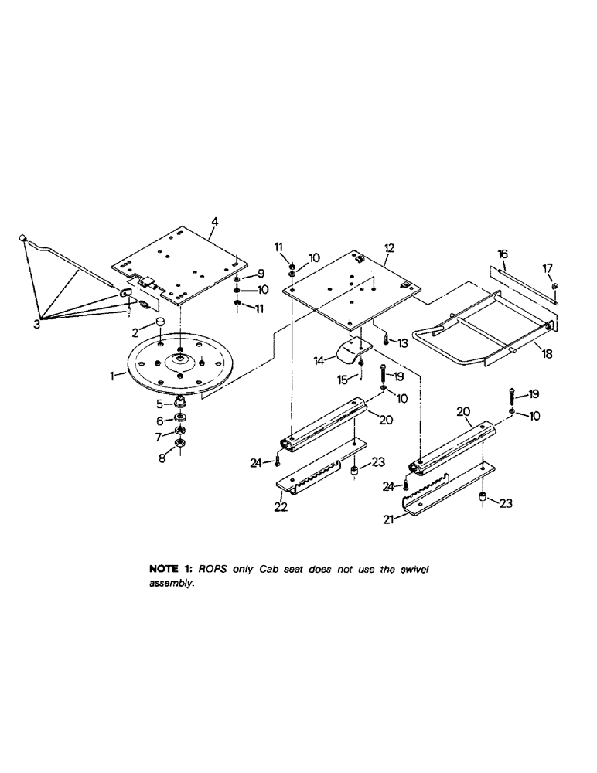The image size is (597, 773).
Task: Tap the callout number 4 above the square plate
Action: (x=214, y=222)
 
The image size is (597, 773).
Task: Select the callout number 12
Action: (x=389, y=248)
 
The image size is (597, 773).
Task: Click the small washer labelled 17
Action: (x=555, y=289)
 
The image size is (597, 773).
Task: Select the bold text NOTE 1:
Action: (x=172, y=568)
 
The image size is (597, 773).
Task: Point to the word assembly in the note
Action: (x=169, y=584)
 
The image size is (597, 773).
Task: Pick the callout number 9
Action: (x=261, y=273)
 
